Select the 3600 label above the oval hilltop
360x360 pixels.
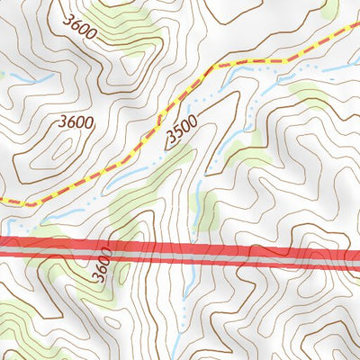(76, 120)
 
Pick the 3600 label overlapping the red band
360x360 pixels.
(102, 262)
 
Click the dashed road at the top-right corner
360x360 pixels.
(353, 27)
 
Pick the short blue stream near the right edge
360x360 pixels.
(340, 70)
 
